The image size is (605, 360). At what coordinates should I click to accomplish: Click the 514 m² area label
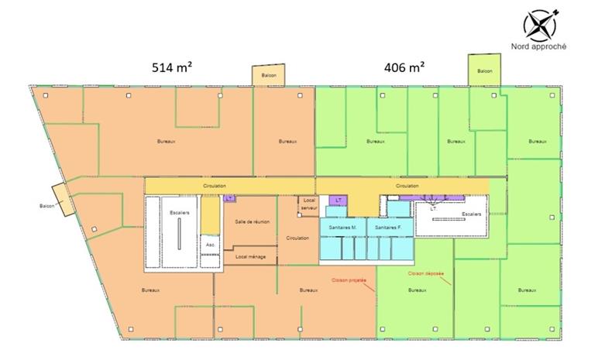coord(172,67)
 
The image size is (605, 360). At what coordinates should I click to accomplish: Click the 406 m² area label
coord(405,67)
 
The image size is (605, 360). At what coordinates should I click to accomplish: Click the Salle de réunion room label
coord(253,222)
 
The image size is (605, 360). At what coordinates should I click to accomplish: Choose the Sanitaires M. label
coord(342,228)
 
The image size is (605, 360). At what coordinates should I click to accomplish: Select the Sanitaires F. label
coord(387,228)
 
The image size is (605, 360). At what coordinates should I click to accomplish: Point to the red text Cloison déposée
coord(425,273)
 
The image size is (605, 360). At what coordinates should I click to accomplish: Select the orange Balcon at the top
coord(269,75)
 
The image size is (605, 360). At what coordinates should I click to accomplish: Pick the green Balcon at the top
coord(485,71)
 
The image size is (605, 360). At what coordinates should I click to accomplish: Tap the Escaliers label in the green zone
coord(470,214)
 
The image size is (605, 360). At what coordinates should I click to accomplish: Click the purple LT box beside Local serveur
coord(339,201)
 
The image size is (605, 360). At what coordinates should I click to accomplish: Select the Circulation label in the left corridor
coord(215,187)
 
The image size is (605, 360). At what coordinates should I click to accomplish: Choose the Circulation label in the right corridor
coord(407,187)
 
